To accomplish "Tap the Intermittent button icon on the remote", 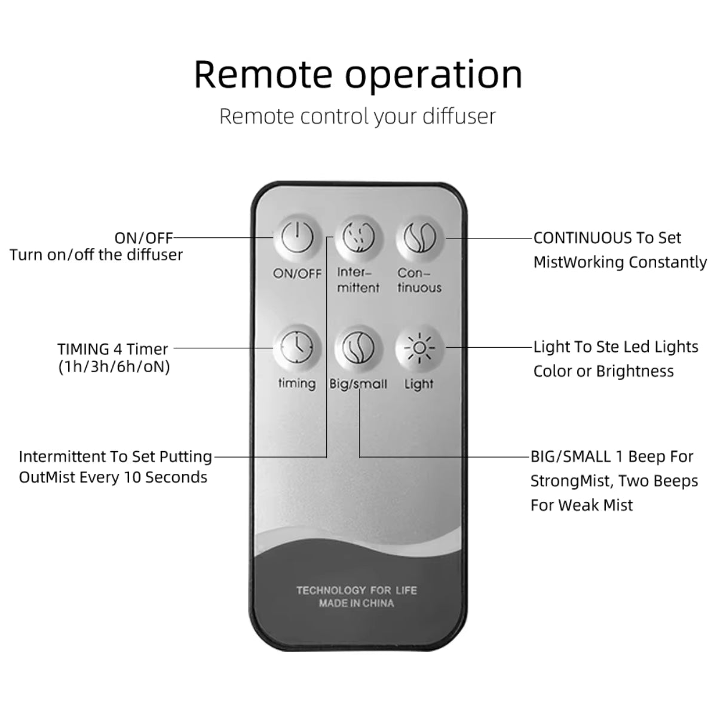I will (x=358, y=238).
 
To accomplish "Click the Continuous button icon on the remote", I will (x=419, y=238).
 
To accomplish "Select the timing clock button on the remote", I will (x=297, y=348).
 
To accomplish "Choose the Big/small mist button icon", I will (x=358, y=348).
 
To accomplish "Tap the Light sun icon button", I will (x=419, y=348).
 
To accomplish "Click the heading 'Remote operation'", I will (x=358, y=74).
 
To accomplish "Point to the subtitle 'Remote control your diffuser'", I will (x=357, y=116).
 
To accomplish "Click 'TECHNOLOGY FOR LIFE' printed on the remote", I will (x=357, y=590).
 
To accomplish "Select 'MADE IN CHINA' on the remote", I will (x=357, y=603).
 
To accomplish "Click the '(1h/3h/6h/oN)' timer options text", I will (x=114, y=366).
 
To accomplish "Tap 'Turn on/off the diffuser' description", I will (x=96, y=255).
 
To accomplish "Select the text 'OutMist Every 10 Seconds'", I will (x=113, y=477).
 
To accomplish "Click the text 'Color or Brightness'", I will (x=603, y=371).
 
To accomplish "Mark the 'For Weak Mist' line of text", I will (x=581, y=505).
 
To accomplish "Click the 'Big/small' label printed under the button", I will (x=358, y=384).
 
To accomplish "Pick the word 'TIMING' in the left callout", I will (x=84, y=349).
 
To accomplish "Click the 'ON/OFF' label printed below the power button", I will (x=297, y=274).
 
